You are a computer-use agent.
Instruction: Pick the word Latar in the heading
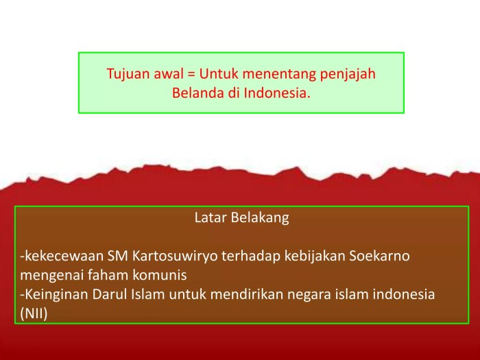click(x=210, y=218)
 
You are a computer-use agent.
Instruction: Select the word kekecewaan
click(x=62, y=256)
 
